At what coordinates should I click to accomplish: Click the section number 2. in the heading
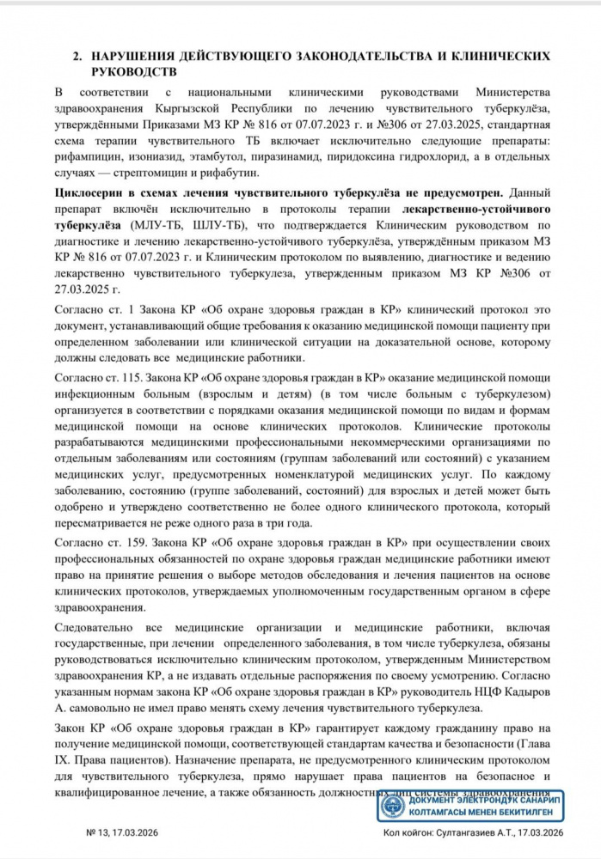click(77, 55)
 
